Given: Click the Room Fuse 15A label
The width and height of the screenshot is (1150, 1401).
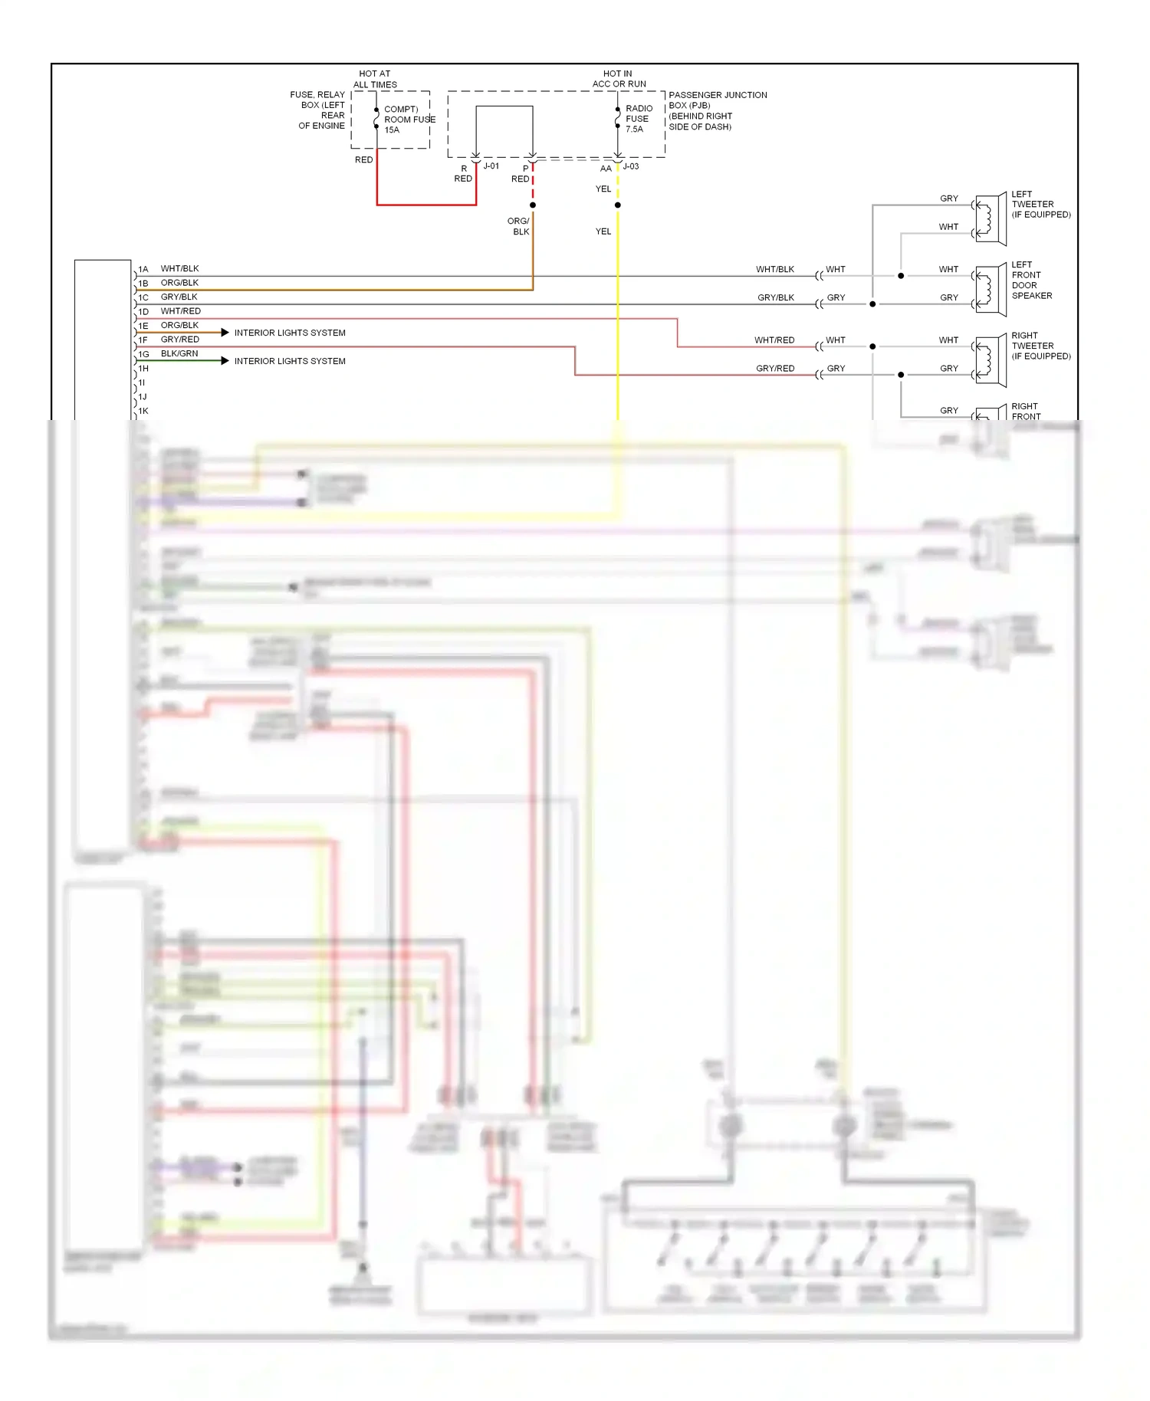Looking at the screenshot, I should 409,120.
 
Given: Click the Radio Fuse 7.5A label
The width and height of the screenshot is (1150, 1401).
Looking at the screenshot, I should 639,119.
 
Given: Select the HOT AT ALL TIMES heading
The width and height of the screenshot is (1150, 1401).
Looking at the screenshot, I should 375,79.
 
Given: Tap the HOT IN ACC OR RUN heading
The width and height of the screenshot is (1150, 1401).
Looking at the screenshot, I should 619,79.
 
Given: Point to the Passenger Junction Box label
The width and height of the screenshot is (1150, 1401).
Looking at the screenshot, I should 717,110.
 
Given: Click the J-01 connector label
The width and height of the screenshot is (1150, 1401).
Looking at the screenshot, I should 491,166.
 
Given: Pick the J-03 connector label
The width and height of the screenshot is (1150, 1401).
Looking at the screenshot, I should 630,166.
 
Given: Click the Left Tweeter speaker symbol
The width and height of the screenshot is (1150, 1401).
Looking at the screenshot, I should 991,219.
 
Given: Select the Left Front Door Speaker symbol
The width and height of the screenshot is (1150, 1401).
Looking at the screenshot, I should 991,290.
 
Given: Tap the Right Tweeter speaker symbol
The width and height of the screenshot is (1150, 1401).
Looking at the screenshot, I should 991,360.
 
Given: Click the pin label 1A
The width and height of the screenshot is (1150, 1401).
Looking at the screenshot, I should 143,270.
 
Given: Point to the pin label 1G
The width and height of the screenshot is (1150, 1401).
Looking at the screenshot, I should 143,355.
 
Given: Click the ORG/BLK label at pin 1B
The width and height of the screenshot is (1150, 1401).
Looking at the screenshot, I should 179,283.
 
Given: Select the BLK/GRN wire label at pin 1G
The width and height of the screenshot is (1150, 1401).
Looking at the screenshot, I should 179,353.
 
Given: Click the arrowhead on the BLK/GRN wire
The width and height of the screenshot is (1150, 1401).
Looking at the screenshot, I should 225,361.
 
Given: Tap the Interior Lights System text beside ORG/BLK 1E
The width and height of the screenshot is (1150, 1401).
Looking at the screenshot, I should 290,333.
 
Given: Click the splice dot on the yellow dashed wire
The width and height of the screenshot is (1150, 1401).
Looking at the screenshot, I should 618,205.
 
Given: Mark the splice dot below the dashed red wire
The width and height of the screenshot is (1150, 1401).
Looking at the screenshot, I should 533,205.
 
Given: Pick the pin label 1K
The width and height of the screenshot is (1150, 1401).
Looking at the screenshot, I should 143,412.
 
